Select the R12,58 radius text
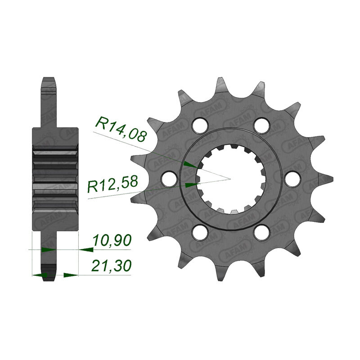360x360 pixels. point(112,184)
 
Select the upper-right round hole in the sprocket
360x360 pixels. point(260,124)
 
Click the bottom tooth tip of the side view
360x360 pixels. point(49,279)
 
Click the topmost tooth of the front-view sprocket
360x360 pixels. point(222,83)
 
